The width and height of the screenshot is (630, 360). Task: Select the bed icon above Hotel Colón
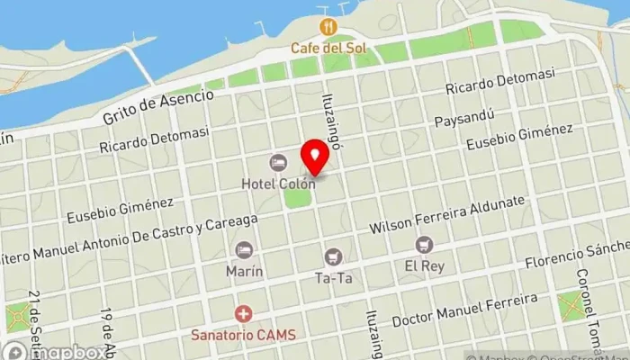click(278, 163)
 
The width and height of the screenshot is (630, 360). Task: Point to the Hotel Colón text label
click(278, 184)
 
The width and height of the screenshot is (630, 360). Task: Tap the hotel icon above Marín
click(243, 249)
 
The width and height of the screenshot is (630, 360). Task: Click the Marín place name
click(243, 269)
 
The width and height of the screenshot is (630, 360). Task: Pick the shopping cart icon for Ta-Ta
click(333, 257)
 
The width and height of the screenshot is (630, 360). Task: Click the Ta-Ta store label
click(333, 278)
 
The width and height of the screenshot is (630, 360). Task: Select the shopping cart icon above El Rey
click(423, 245)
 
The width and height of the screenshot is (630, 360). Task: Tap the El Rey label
click(423, 265)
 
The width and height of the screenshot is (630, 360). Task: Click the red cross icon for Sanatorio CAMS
click(243, 314)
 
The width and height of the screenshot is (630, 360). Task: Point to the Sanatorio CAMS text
click(243, 335)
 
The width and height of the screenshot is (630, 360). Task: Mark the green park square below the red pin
click(297, 194)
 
